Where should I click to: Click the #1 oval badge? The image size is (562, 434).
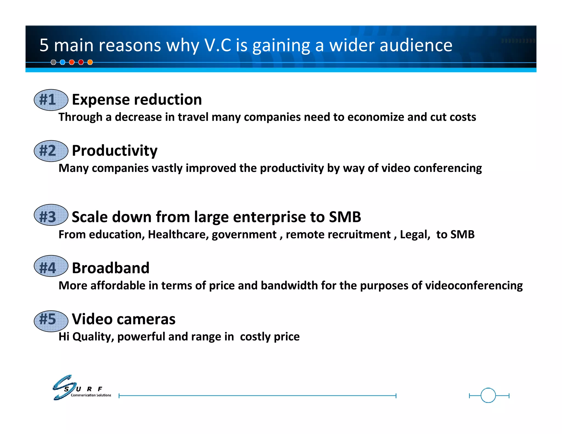[51, 100]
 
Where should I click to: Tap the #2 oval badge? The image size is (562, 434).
[51, 151]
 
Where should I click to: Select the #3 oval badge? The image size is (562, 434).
[51, 215]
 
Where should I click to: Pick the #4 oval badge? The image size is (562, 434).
[51, 266]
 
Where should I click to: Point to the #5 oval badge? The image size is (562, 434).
[51, 321]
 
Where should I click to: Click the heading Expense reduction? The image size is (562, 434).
[137, 100]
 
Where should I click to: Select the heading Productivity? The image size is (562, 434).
[114, 151]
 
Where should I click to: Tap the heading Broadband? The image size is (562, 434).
[111, 268]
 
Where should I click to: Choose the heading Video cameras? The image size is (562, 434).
[123, 319]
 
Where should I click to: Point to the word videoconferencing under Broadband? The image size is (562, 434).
[474, 286]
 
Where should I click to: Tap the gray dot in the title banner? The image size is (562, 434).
[54, 62]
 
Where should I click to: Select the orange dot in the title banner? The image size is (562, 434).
[90, 62]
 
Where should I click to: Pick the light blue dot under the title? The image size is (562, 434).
[63, 62]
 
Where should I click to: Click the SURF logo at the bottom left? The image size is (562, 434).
[82, 388]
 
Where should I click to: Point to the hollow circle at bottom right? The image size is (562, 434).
[488, 395]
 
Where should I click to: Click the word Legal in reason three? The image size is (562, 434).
[415, 235]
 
